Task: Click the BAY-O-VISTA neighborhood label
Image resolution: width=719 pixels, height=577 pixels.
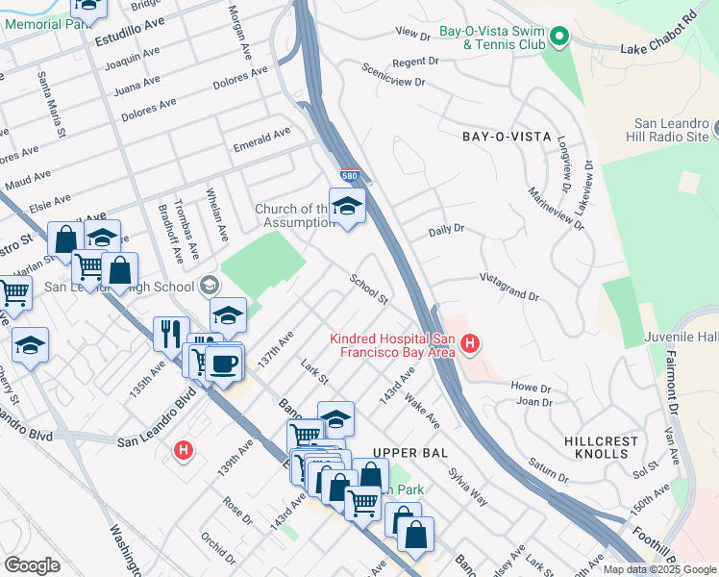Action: [498, 138]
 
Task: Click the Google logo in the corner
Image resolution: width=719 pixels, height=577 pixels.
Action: [32, 565]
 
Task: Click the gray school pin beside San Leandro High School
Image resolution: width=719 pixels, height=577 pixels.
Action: [209, 285]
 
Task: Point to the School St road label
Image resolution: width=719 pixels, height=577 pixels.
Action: [368, 289]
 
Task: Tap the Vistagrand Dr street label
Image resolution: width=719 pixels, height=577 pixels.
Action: [509, 288]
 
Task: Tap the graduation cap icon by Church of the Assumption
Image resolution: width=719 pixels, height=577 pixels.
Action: [347, 204]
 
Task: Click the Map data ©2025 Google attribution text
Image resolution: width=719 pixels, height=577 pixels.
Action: [657, 568]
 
